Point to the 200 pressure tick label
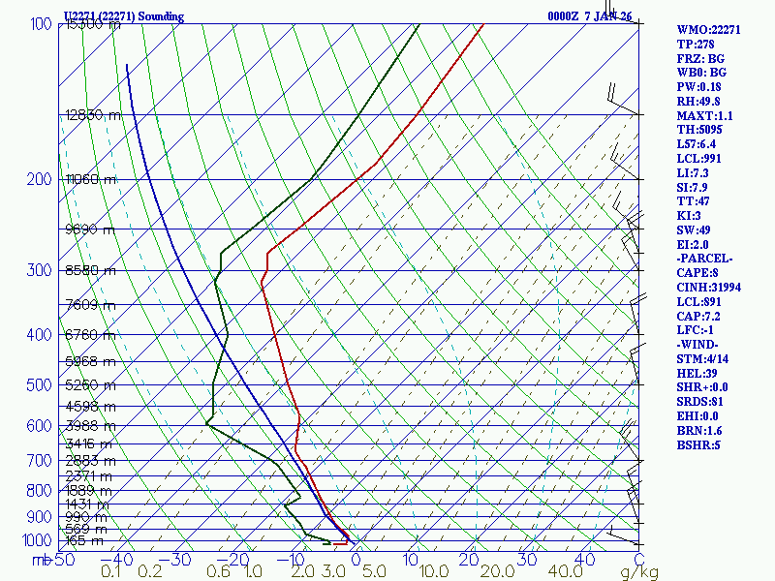click(39, 180)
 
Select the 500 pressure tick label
click(39, 385)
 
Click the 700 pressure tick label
click(39, 461)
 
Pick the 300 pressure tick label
click(39, 270)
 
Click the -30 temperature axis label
click(179, 560)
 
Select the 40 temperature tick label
click(585, 560)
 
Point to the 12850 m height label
click(93, 115)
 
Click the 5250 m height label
click(89, 385)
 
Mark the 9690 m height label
click(89, 230)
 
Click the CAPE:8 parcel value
click(697, 273)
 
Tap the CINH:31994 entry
click(711, 288)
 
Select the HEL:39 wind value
click(696, 373)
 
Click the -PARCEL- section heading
click(704, 259)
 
